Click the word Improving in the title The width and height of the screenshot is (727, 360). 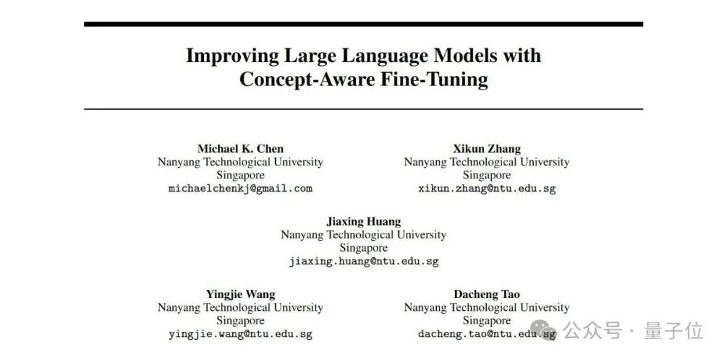[x=233, y=56]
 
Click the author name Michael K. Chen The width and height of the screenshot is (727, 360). [x=240, y=149]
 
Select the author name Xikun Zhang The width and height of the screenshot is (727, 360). [x=487, y=149]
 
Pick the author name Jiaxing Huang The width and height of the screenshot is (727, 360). [x=363, y=221]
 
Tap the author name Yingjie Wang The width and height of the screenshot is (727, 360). [x=240, y=294]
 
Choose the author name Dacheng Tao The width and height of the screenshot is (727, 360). [x=487, y=294]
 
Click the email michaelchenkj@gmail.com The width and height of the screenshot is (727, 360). [x=240, y=188]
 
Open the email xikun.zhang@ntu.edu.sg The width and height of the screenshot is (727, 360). [x=487, y=188]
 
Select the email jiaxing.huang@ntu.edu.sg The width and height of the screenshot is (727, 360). [x=363, y=261]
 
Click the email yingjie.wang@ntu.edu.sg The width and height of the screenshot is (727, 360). [x=240, y=334]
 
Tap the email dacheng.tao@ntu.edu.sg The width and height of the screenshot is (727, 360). [x=487, y=334]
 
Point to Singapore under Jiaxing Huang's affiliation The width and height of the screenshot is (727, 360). [x=363, y=248]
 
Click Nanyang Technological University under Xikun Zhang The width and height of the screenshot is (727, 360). [x=487, y=162]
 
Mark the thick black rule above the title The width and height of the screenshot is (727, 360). [x=363, y=24]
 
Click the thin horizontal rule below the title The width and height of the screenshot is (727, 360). [x=363, y=109]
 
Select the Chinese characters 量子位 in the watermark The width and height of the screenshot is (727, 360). [x=674, y=331]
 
